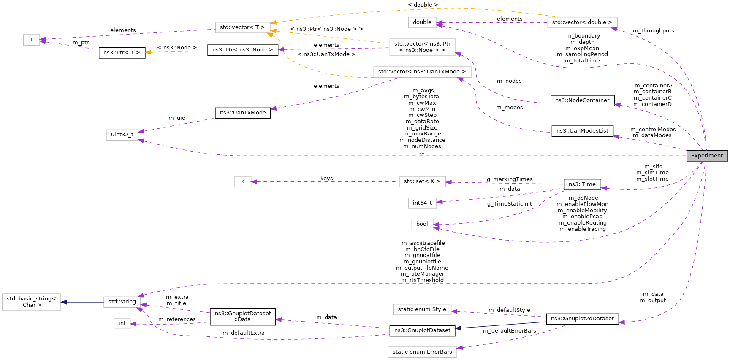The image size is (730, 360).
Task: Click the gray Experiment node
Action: click(707, 156)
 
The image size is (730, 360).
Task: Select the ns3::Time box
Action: click(582, 184)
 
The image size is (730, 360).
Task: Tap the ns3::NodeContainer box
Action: click(582, 100)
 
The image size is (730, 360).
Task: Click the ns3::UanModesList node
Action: click(582, 131)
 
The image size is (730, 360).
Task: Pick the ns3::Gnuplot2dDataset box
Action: click(582, 319)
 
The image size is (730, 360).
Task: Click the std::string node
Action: click(122, 302)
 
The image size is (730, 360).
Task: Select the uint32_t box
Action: click(122, 135)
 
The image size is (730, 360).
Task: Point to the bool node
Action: click(422, 224)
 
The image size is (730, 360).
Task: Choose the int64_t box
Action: click(422, 203)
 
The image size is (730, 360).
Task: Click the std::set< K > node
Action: click(422, 181)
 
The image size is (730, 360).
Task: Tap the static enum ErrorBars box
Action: click(422, 352)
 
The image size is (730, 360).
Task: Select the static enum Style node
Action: click(422, 309)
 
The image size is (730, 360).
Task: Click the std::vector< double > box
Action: click(582, 22)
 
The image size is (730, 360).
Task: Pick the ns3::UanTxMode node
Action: click(243, 113)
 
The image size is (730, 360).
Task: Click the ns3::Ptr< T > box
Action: click(122, 53)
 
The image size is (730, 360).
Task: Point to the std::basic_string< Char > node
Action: click(32, 302)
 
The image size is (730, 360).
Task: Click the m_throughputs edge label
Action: click(653, 31)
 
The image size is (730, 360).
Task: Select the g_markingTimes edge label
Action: click(510, 179)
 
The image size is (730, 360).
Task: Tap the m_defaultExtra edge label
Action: click(243, 333)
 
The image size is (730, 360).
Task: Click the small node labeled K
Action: click(243, 181)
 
